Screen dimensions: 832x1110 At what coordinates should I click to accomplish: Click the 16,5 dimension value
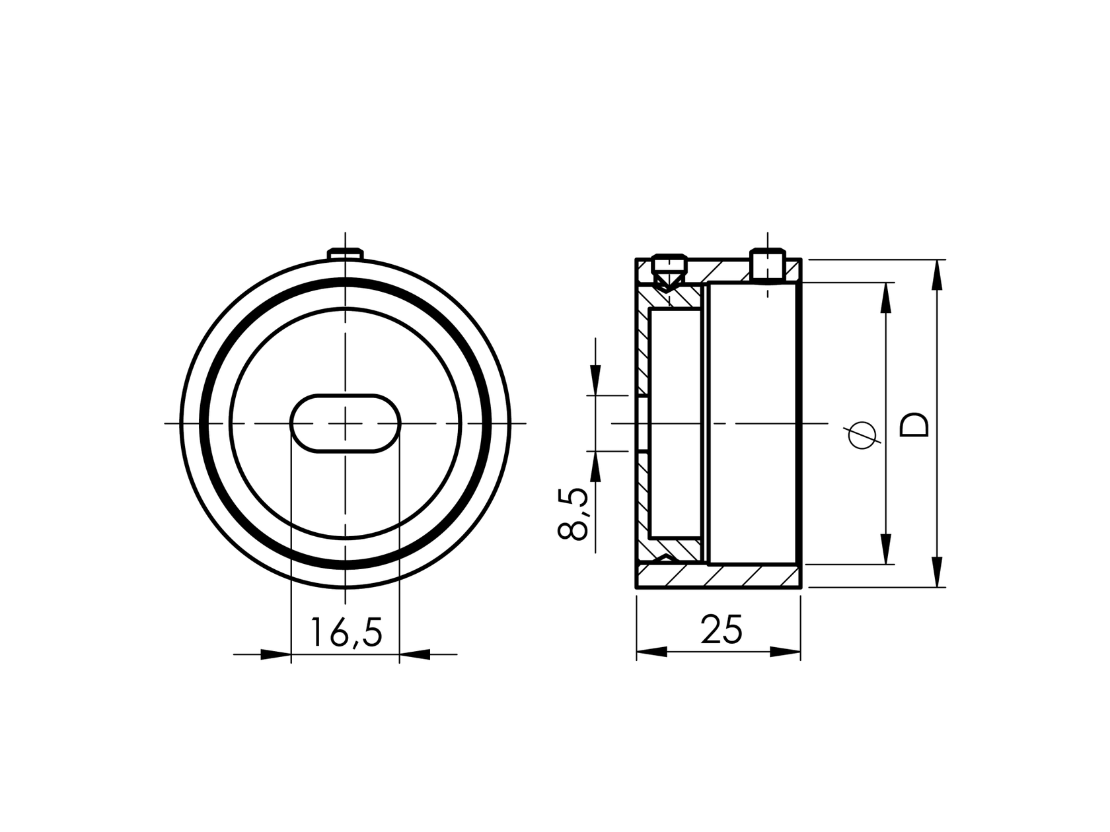[346, 632]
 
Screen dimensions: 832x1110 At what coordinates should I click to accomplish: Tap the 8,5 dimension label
[573, 514]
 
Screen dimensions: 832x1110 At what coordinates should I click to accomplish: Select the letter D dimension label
[915, 425]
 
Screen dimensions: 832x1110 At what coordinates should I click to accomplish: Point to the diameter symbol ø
[863, 434]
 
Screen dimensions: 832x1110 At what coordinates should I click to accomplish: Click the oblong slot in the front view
[346, 423]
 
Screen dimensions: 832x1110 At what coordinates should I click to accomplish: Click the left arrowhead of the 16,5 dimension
[276, 654]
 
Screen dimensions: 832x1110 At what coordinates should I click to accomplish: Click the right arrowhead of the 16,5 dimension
[414, 654]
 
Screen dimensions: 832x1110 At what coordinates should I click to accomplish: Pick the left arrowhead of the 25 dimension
[651, 652]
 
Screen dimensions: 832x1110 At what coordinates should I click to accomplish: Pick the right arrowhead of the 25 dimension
[785, 652]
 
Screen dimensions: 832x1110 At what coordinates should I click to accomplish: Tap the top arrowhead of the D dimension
[936, 275]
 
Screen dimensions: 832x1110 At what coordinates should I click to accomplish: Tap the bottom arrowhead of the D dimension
[936, 571]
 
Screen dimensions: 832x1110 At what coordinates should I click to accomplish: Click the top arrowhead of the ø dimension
[885, 298]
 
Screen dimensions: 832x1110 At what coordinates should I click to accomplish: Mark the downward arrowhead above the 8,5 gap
[595, 380]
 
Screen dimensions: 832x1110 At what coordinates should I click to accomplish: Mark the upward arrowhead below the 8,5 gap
[595, 467]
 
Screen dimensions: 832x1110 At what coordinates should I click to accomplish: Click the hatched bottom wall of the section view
[720, 576]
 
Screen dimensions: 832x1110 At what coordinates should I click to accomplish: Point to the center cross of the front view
[346, 423]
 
